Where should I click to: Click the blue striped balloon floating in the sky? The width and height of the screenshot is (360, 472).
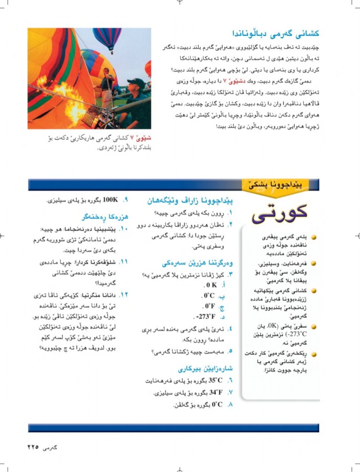(x=107, y=39)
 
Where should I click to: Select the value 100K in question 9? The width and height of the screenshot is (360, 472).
(x=110, y=200)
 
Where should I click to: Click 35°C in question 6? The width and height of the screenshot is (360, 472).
(x=215, y=381)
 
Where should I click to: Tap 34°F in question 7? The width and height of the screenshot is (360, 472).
(x=216, y=393)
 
